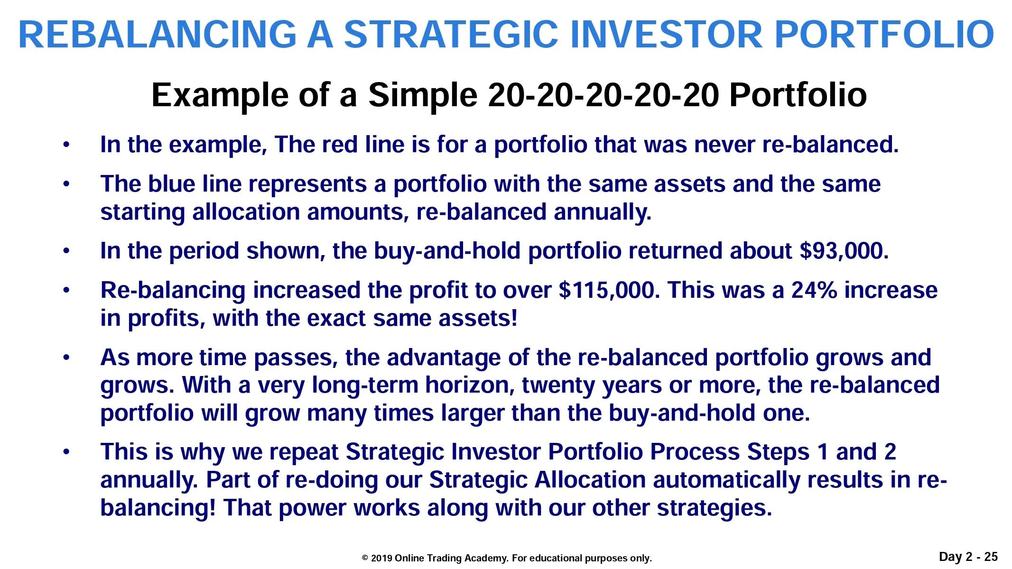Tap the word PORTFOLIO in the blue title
pos(884,35)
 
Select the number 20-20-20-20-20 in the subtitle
pos(604,95)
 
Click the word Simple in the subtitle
pos(423,96)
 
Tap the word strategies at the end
pos(715,508)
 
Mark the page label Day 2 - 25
pos(968,557)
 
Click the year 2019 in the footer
pos(381,558)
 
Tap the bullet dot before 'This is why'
pos(66,452)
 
